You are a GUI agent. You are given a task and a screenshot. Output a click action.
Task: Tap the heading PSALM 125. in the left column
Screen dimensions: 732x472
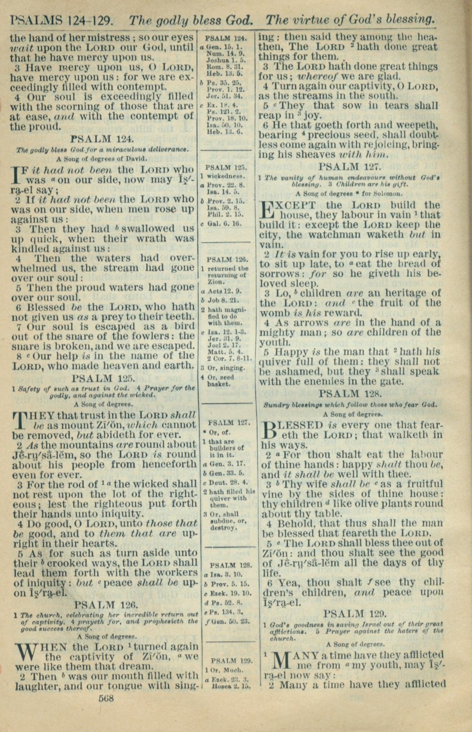(103, 378)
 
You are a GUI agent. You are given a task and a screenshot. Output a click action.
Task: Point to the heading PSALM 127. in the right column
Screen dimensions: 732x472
(350, 166)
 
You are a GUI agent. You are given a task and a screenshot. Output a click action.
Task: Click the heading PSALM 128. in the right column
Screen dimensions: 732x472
(351, 394)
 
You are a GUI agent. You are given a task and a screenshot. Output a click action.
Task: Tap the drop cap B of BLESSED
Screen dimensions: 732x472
(269, 431)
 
